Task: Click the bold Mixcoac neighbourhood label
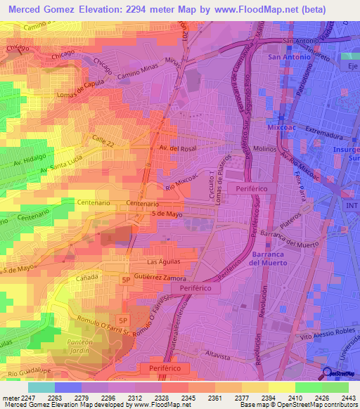[x=284, y=129]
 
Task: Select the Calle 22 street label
[x=101, y=141]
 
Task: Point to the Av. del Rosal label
[x=176, y=149]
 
